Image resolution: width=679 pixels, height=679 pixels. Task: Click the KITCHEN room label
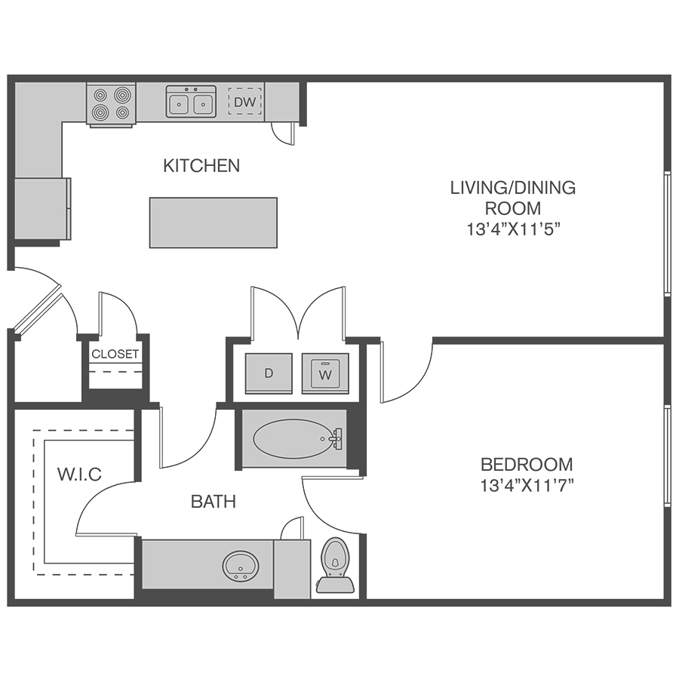pyautogui.click(x=201, y=166)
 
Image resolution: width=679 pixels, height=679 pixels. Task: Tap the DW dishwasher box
pyautogui.click(x=245, y=102)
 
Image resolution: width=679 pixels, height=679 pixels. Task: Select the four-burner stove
pyautogui.click(x=112, y=104)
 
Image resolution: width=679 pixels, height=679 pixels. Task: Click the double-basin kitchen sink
pyautogui.click(x=191, y=102)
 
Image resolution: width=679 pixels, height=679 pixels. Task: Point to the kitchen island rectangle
pyautogui.click(x=214, y=223)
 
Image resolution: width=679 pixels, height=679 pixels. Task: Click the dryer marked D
pyautogui.click(x=269, y=373)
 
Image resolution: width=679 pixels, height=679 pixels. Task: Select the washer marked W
pyautogui.click(x=325, y=373)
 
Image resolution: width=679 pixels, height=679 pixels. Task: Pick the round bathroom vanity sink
pyautogui.click(x=241, y=566)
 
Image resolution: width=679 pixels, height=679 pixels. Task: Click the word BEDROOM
pyautogui.click(x=527, y=465)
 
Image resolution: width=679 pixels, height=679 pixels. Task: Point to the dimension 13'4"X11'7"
pyautogui.click(x=527, y=486)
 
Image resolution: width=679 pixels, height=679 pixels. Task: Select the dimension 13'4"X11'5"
pyautogui.click(x=514, y=229)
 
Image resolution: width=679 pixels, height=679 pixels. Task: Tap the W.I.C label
pyautogui.click(x=79, y=475)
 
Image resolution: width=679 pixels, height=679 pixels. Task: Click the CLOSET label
pyautogui.click(x=115, y=355)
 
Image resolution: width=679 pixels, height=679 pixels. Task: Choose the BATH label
pyautogui.click(x=214, y=502)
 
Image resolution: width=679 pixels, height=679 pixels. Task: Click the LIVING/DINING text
pyautogui.click(x=513, y=188)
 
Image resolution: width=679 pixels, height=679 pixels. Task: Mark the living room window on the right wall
pyautogui.click(x=668, y=235)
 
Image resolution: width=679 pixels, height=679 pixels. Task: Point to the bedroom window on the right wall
pyautogui.click(x=668, y=456)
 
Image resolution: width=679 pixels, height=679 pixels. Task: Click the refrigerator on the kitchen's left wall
pyautogui.click(x=42, y=208)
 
